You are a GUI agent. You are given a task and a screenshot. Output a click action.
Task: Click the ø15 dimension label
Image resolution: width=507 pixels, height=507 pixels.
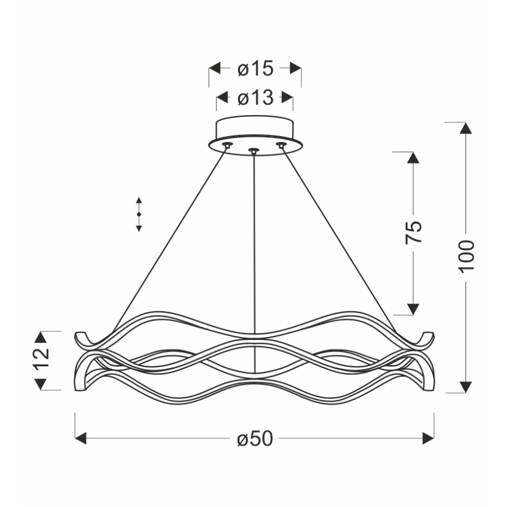(x=255, y=69)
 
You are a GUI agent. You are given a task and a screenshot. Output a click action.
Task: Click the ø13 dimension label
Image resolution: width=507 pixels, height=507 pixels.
(x=255, y=98)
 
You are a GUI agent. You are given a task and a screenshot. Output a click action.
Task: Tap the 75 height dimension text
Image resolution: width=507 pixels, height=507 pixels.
(x=413, y=233)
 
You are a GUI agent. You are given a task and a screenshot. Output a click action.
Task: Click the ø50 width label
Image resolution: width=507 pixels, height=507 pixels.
(x=255, y=439)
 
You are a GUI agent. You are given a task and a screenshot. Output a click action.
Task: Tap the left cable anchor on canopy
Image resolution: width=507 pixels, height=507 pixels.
(x=227, y=144)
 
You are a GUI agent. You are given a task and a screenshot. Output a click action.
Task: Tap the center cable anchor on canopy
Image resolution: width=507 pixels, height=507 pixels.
(x=254, y=151)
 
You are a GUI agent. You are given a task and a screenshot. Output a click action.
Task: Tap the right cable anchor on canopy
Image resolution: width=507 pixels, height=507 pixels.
(x=282, y=144)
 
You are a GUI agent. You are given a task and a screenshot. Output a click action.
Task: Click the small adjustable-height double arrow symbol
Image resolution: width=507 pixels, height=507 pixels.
(x=139, y=215)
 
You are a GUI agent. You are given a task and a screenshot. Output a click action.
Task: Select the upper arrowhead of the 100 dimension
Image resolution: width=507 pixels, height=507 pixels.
(x=466, y=129)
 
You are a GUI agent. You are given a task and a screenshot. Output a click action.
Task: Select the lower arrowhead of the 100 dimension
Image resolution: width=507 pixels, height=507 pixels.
(x=466, y=387)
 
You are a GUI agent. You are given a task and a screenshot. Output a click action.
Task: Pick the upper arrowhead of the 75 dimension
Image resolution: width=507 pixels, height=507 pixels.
(x=413, y=158)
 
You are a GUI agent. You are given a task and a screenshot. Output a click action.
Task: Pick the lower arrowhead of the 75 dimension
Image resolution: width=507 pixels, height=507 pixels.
(x=413, y=308)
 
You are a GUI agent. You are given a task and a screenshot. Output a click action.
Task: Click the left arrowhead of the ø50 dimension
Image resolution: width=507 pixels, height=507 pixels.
(x=81, y=439)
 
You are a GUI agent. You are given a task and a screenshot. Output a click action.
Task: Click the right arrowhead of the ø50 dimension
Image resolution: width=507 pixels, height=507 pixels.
(x=429, y=439)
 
